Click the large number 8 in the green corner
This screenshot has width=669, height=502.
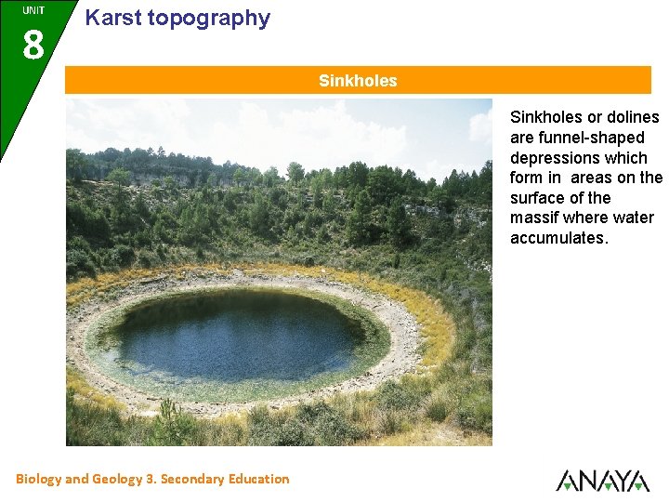33,43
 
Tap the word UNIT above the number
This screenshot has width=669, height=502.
33,10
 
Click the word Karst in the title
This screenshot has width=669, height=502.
111,18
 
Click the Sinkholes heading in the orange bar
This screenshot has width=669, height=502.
358,81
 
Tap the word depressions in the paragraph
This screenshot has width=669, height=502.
554,158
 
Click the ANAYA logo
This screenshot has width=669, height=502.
602,480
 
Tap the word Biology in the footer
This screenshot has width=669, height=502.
38,480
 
